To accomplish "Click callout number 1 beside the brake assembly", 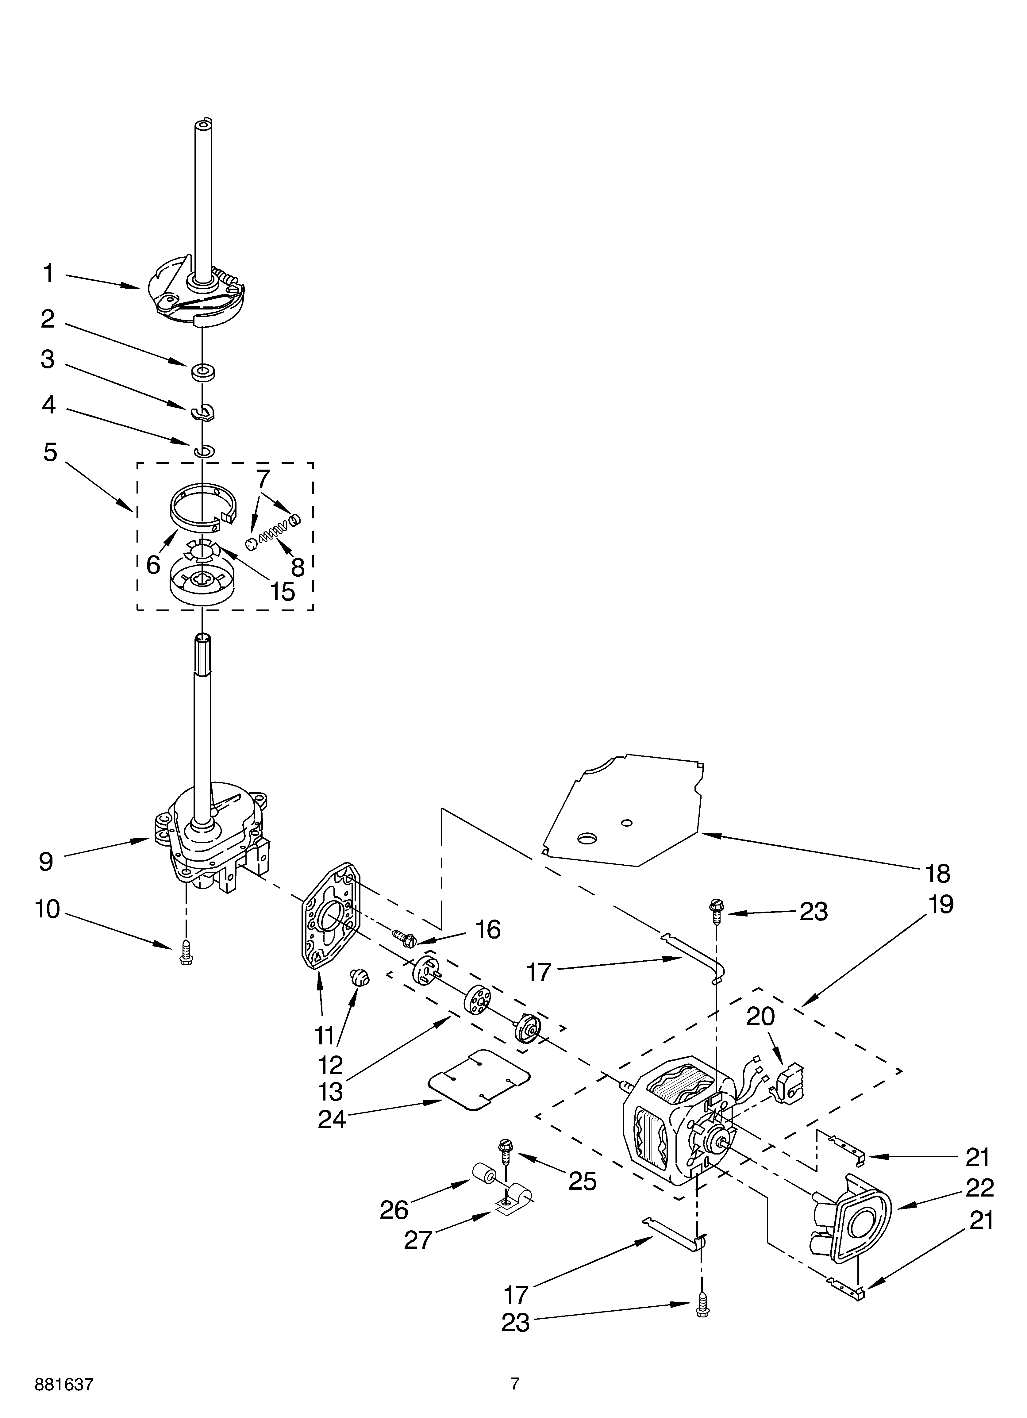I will tap(48, 274).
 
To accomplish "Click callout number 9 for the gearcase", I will tap(46, 862).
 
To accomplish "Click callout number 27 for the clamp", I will tap(418, 1239).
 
